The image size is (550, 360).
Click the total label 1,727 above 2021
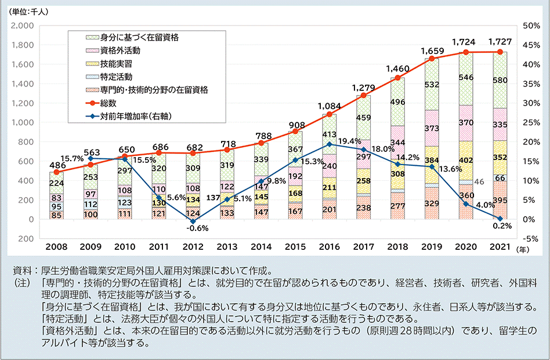(500, 42)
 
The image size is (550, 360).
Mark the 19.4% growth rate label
(349, 141)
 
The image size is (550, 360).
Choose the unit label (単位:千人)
(31, 10)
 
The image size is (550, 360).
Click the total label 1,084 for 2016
(329, 106)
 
